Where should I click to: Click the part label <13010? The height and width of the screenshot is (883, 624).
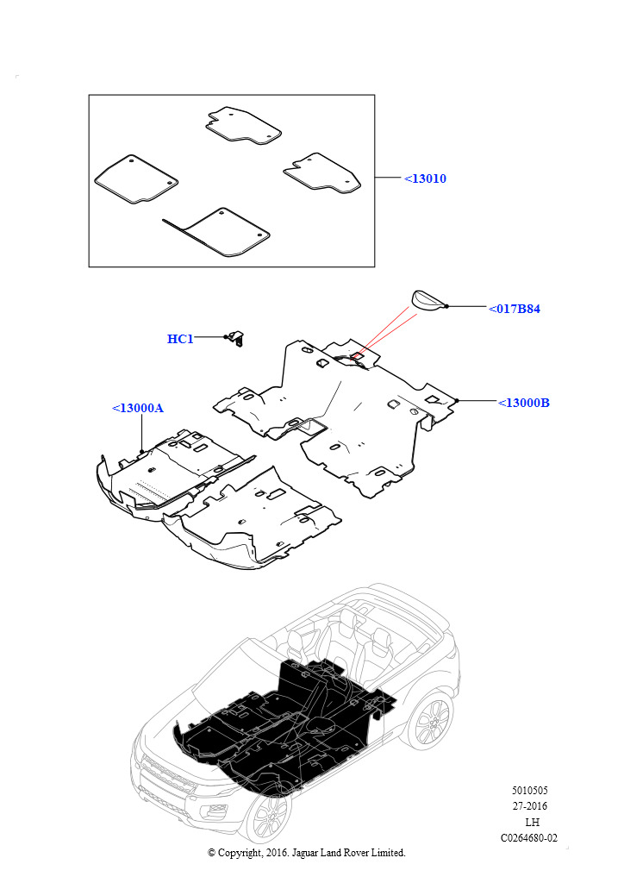426,178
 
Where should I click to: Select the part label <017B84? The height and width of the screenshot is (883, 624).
515,309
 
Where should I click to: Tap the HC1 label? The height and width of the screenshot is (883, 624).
180,338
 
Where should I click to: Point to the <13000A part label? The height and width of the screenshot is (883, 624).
138,408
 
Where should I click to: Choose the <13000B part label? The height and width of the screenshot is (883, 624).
524,403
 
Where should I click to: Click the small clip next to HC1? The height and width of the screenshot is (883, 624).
237,338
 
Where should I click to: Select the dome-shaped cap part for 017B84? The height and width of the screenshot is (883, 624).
429,298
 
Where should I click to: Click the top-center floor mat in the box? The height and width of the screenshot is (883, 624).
243,125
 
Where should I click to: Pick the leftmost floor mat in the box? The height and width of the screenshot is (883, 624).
136,179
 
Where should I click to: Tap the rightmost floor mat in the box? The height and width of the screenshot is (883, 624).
322,173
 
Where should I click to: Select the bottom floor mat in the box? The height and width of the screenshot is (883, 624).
220,232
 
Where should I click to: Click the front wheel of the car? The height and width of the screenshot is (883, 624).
270,817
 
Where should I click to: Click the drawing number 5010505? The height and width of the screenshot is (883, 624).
529,790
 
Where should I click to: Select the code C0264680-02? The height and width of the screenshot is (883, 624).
529,838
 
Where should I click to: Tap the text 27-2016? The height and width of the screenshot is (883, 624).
529,806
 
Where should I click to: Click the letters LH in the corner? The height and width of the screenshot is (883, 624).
532,822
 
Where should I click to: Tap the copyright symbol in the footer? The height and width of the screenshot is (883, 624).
211,853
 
